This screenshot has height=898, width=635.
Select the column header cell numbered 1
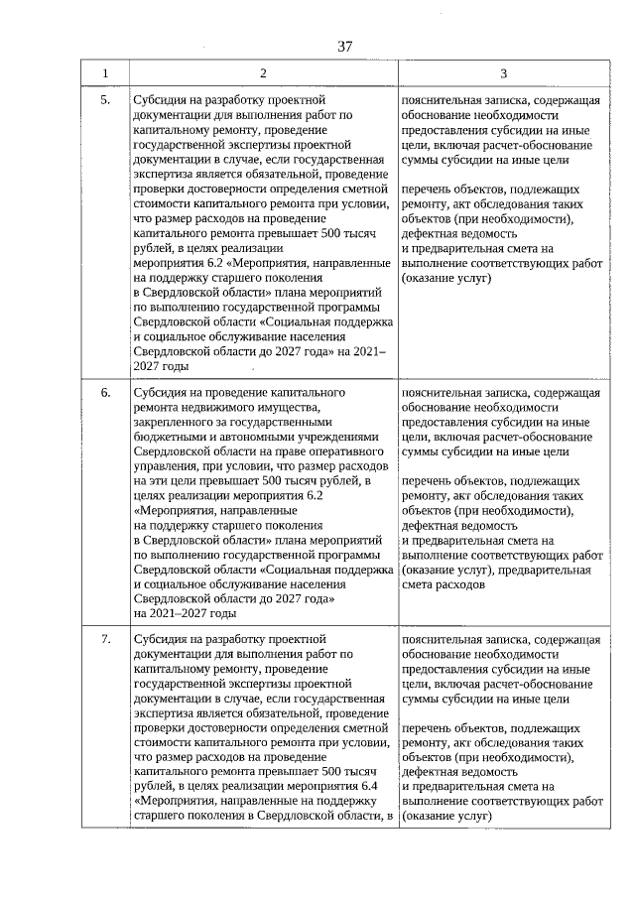(x=106, y=73)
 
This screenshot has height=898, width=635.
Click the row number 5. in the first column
(x=106, y=100)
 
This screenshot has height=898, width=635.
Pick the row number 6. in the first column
(x=106, y=393)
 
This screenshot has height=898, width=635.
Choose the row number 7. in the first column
(x=106, y=639)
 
